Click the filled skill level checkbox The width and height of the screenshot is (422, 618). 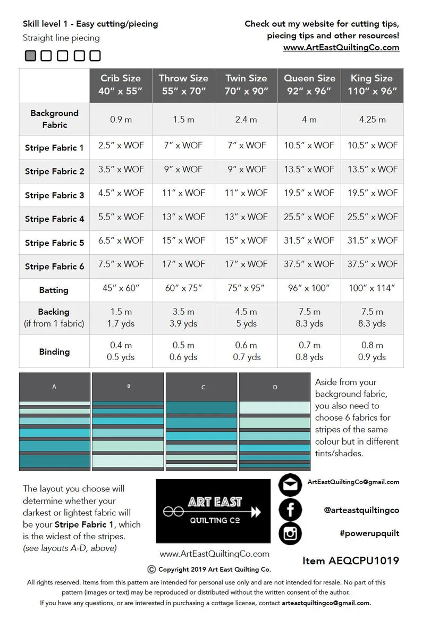[x=30, y=55]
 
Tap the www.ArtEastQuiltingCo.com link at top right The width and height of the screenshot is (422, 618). [x=341, y=47]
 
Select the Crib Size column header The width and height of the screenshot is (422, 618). [x=121, y=85]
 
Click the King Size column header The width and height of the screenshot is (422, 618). [x=372, y=85]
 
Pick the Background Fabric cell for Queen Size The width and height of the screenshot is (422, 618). [x=309, y=120]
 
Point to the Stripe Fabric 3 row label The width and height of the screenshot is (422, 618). [x=54, y=195]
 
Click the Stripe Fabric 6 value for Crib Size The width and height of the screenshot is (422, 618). [x=121, y=264]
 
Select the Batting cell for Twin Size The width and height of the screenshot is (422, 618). [x=246, y=288]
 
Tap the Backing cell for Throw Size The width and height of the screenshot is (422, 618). [x=183, y=318]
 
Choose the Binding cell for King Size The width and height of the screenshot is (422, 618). [x=372, y=351]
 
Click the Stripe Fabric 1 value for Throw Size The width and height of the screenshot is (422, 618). [x=183, y=146]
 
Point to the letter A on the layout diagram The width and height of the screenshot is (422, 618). [x=54, y=387]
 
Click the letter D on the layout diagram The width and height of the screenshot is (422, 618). [x=275, y=387]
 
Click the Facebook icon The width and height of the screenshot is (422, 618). [x=290, y=510]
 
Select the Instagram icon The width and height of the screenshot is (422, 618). [x=290, y=533]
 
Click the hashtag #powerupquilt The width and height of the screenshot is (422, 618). [x=369, y=533]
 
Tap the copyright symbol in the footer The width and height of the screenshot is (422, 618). [x=151, y=569]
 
